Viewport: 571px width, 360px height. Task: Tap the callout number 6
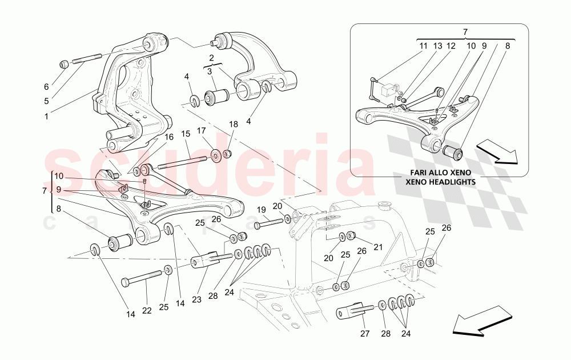pos(46,87)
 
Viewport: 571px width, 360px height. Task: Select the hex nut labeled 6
pos(64,63)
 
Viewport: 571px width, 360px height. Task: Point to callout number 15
pos(185,134)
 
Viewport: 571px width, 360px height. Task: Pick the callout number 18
pos(233,124)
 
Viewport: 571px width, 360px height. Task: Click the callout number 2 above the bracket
pos(211,58)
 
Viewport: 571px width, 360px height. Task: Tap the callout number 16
pos(168,137)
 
